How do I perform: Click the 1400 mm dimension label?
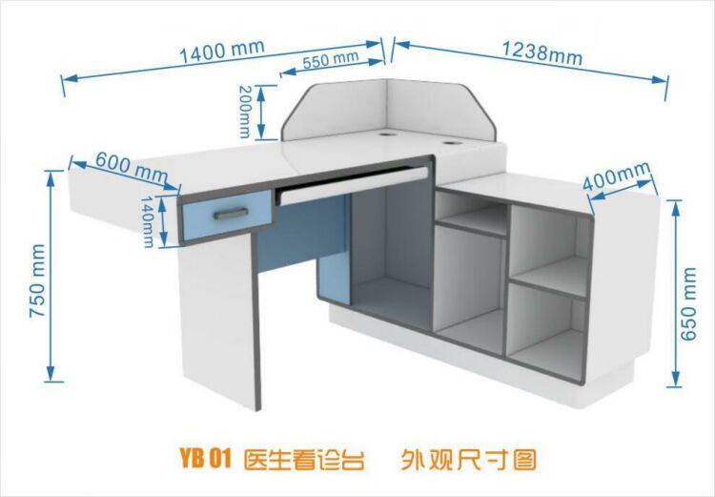(x=222, y=52)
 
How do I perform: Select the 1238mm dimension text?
(x=541, y=53)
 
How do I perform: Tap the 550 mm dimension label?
(x=330, y=59)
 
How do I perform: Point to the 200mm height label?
(x=245, y=112)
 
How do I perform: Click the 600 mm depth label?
(x=132, y=167)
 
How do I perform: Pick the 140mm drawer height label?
(x=147, y=222)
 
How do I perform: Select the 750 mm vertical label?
(x=37, y=280)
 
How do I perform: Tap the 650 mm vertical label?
(x=688, y=304)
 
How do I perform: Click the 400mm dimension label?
(x=616, y=176)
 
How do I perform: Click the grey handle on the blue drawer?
(x=232, y=213)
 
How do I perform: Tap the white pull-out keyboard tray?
(x=355, y=185)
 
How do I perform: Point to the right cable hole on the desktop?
(x=451, y=143)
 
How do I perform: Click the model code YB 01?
(x=206, y=458)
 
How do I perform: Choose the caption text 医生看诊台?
(x=304, y=459)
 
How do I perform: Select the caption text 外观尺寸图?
(x=469, y=459)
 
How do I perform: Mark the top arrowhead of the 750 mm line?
(x=51, y=178)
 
